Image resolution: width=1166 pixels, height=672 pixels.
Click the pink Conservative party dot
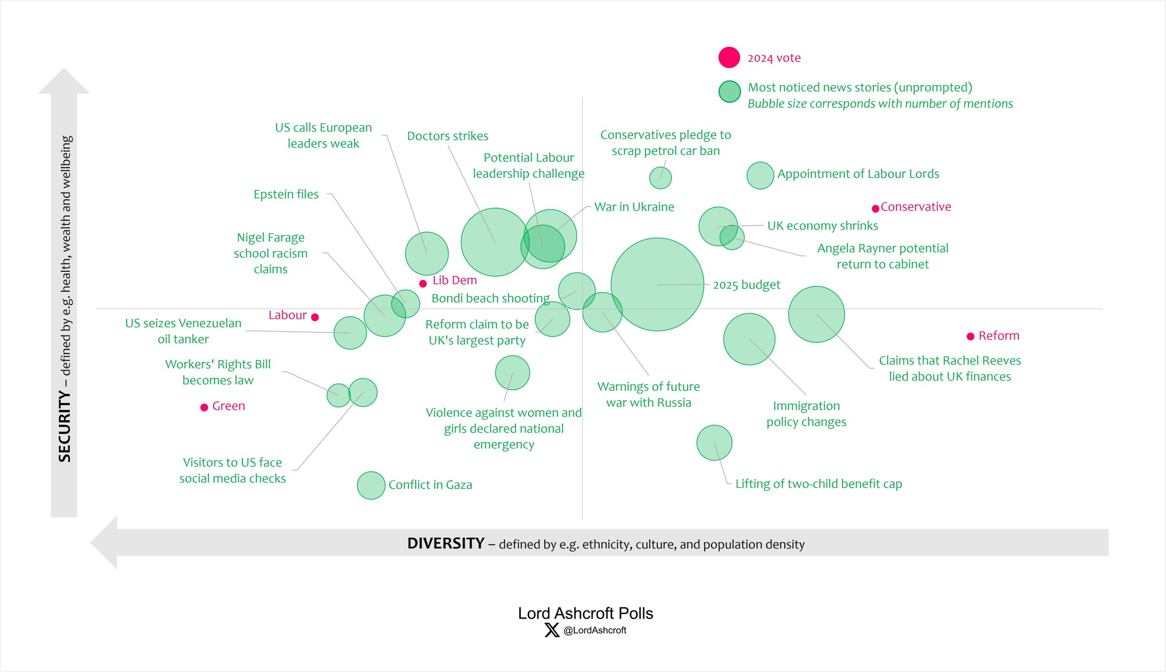tap(875, 209)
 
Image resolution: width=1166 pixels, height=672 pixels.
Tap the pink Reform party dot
tap(970, 336)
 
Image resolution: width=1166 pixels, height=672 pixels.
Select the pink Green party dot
tap(204, 407)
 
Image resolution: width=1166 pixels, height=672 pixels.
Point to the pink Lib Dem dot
tap(423, 284)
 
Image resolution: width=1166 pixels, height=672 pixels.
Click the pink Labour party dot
tap(315, 317)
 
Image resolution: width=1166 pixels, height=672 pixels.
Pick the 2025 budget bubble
tap(657, 284)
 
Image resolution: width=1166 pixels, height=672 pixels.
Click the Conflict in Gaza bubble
tap(371, 485)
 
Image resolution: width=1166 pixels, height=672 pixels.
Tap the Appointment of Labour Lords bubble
tap(760, 175)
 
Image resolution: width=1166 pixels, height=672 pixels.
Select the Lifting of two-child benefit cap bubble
tap(714, 443)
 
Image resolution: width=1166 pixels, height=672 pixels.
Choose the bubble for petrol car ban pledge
tap(660, 178)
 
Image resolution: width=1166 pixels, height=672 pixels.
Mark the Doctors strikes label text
tap(447, 136)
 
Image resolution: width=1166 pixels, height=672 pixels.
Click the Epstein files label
tap(286, 194)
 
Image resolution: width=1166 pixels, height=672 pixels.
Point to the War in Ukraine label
tap(634, 207)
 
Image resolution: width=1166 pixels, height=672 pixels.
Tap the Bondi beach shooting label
tap(490, 298)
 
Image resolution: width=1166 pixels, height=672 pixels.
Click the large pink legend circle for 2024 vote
tap(729, 58)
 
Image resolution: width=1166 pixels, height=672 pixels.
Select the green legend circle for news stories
tap(729, 92)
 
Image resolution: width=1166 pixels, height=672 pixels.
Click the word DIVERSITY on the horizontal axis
tap(445, 543)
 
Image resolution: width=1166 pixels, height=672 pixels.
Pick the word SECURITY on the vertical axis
tap(65, 426)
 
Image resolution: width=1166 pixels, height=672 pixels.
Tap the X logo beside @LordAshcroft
tap(552, 630)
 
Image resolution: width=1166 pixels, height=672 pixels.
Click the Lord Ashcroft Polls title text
tap(585, 613)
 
